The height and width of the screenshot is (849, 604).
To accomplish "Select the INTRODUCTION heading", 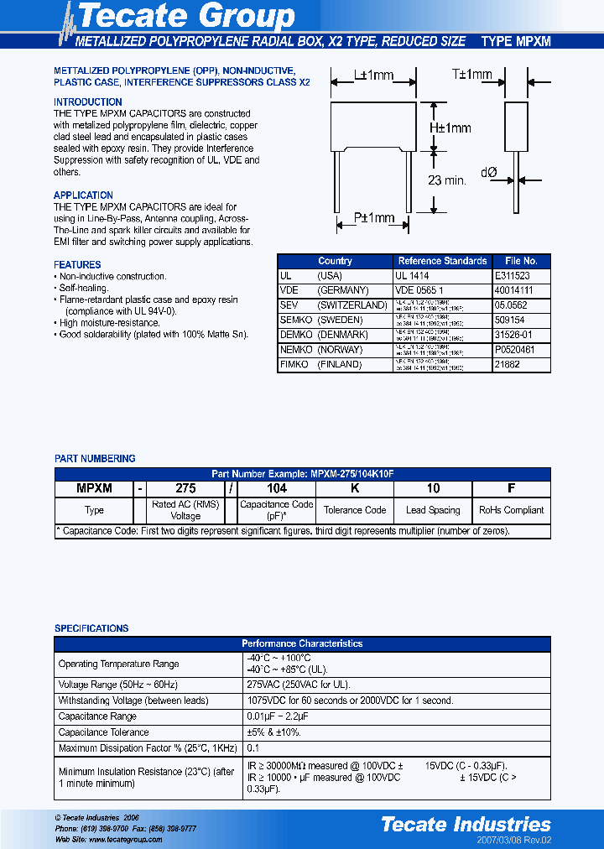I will [88, 102].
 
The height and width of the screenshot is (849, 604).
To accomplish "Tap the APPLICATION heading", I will [83, 195].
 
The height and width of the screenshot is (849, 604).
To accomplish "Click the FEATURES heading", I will [77, 264].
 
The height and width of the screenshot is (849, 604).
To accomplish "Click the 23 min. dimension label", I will [445, 180].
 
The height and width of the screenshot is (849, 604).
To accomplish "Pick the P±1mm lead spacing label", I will [373, 218].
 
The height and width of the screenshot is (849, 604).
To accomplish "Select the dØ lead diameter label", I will [490, 172].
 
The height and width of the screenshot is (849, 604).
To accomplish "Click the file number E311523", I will [512, 275].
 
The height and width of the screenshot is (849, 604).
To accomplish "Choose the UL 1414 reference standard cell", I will [412, 275].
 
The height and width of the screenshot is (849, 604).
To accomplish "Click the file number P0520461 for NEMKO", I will [515, 350].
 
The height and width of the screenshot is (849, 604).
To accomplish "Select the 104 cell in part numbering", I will [276, 488].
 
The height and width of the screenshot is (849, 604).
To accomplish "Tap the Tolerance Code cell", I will [355, 510].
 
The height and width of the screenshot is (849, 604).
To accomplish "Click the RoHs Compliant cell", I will [511, 510].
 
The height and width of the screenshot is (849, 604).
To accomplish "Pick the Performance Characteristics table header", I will [303, 643].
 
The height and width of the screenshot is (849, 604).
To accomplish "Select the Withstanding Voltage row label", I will [133, 700].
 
